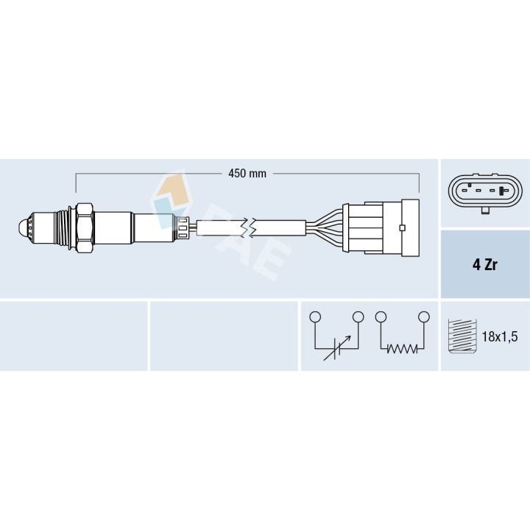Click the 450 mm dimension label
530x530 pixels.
pyautogui.click(x=247, y=174)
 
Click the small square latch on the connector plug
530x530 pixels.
pyautogui.click(x=401, y=227)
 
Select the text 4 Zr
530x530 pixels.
pyautogui.click(x=484, y=265)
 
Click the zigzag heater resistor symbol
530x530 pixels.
pyautogui.click(x=402, y=349)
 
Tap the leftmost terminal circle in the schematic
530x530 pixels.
pyautogui.click(x=315, y=317)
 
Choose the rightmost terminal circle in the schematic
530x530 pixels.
pyautogui.click(x=423, y=317)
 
